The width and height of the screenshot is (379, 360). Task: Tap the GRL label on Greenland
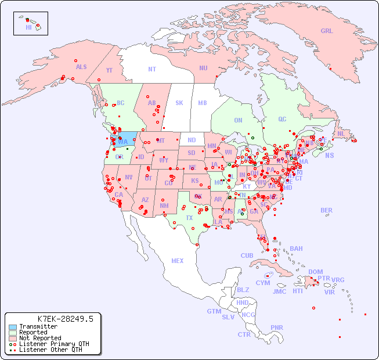(327, 31)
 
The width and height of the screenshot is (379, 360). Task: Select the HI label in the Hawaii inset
(28, 27)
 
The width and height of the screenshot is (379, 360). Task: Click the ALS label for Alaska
(81, 67)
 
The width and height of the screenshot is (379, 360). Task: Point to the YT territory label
(109, 70)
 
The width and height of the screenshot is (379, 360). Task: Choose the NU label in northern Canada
(203, 68)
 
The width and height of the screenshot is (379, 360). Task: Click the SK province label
(179, 103)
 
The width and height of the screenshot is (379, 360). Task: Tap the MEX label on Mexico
(178, 261)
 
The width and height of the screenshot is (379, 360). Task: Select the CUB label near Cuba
(247, 255)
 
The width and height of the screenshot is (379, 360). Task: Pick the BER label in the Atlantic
(327, 210)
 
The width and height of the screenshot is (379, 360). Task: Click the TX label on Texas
(189, 218)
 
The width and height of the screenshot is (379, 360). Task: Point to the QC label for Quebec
(282, 119)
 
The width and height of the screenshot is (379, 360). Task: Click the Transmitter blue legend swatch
(12, 327)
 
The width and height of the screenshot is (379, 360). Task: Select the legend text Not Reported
(40, 338)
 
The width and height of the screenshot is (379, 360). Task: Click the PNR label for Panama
(277, 327)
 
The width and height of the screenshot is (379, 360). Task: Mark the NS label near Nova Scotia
(330, 155)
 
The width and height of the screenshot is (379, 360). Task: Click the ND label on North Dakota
(192, 140)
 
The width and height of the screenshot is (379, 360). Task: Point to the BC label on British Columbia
(121, 103)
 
